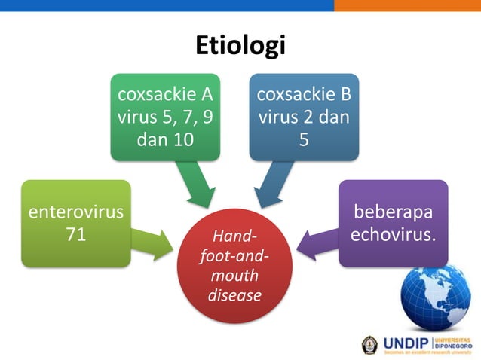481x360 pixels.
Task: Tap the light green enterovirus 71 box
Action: pyautogui.click(x=75, y=223)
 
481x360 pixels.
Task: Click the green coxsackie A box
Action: pyautogui.click(x=165, y=117)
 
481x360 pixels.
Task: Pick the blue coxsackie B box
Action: pyautogui.click(x=304, y=117)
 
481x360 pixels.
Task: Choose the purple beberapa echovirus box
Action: pyautogui.click(x=393, y=223)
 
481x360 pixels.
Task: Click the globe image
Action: pyautogui.click(x=435, y=297)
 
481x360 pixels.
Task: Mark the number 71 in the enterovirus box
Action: pyautogui.click(x=75, y=234)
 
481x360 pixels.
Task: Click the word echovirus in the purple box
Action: pyautogui.click(x=393, y=234)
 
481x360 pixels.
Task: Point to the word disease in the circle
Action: pyautogui.click(x=234, y=294)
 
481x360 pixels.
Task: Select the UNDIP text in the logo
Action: pyautogui.click(x=407, y=344)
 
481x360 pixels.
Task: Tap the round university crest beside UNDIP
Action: pyautogui.click(x=370, y=344)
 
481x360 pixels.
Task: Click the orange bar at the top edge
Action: pyautogui.click(x=407, y=5)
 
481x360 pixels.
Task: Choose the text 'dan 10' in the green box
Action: pyautogui.click(x=165, y=139)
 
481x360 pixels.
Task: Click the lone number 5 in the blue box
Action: pyautogui.click(x=304, y=139)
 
